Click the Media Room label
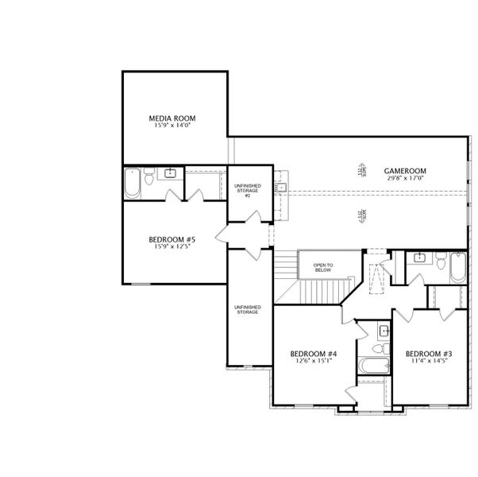click(172, 118)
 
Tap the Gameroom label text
click(405, 170)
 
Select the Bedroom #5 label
click(172, 239)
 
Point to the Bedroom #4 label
click(314, 354)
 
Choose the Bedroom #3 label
click(429, 354)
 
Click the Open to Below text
click(322, 267)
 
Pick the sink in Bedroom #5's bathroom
click(171, 173)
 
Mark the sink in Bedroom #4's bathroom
click(383, 329)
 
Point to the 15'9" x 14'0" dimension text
click(172, 126)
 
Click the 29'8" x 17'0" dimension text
click(405, 178)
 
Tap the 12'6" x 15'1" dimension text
click(314, 362)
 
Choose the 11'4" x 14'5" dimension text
click(429, 362)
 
